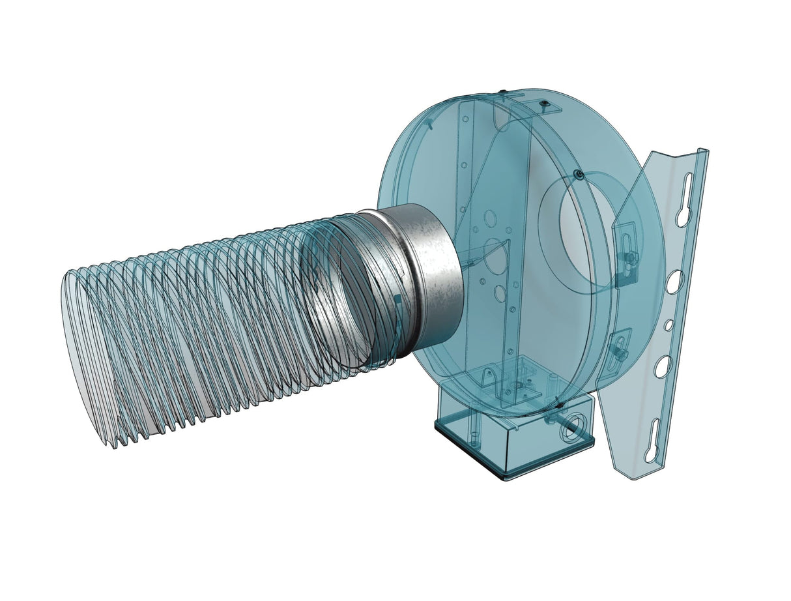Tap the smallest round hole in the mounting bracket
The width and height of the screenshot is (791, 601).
pyautogui.click(x=668, y=324)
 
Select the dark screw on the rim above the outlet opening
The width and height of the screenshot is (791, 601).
pyautogui.click(x=578, y=173)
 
